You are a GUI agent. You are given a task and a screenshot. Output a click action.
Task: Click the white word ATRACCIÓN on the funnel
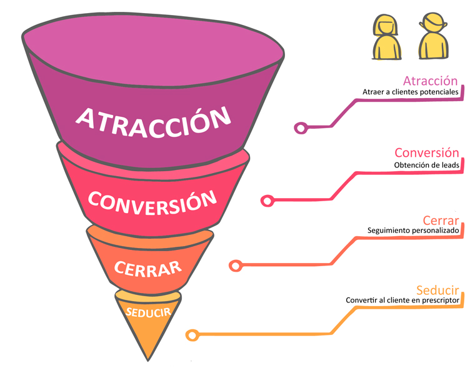click(x=153, y=122)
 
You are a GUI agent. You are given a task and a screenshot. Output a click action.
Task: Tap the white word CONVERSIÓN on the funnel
click(x=152, y=202)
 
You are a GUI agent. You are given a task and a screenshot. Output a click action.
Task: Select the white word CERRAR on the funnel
click(x=148, y=269)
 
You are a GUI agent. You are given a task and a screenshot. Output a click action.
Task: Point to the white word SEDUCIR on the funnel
click(x=149, y=312)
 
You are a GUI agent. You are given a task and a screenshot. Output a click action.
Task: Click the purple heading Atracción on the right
click(x=430, y=81)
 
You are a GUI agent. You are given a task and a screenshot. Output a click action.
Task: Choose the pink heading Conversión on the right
click(x=426, y=152)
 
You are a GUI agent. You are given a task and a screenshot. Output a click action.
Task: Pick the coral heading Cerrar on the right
click(x=441, y=221)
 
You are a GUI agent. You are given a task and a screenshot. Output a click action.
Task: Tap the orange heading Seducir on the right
click(x=437, y=290)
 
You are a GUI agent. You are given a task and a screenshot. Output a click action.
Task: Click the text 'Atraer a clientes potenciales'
click(x=411, y=92)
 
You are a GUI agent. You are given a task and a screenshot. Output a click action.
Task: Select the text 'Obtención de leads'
click(x=426, y=165)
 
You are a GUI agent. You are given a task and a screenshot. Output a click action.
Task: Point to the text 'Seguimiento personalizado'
click(x=413, y=231)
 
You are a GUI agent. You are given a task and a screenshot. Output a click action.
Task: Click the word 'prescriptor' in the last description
click(x=441, y=301)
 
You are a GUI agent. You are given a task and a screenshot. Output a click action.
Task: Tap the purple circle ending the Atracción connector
click(x=301, y=128)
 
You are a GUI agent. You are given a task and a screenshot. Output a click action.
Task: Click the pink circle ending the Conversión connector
click(x=267, y=201)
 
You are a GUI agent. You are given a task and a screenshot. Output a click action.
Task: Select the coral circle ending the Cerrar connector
click(x=236, y=266)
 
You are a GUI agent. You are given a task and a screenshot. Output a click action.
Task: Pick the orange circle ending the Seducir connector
click(x=192, y=335)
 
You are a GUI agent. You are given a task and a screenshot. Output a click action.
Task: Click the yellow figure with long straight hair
click(x=386, y=37)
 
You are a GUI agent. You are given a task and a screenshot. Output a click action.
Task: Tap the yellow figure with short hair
click(x=433, y=36)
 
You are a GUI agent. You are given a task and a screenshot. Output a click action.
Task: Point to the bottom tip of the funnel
click(x=148, y=361)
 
